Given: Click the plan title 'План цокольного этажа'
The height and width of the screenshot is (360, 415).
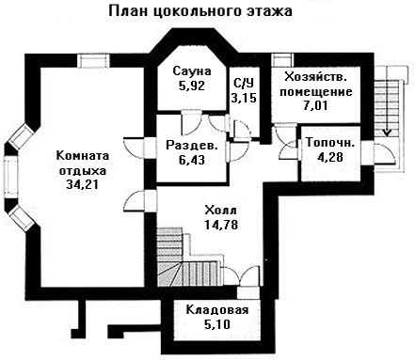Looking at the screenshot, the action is pos(200,11).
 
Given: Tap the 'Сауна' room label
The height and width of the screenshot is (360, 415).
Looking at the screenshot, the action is pos(192,71).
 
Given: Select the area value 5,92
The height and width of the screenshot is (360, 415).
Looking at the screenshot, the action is pos(192,86).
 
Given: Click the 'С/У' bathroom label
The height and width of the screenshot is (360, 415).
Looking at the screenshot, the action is pos(244,84).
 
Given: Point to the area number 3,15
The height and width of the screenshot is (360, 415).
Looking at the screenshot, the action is pos(244,98).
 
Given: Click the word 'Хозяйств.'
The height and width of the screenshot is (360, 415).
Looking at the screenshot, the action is pos(315,77).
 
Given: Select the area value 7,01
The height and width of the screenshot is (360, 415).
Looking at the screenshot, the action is pos(315,105).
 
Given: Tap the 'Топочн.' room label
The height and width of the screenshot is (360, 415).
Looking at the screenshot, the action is pos(330,143).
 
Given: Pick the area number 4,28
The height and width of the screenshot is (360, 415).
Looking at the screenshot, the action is pos(330,157).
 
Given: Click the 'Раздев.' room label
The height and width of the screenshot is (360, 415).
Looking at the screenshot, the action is pos(192,146).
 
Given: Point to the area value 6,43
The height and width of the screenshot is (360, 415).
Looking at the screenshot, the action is pos(192,160).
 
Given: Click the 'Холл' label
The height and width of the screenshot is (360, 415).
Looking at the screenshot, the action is pos(220,211).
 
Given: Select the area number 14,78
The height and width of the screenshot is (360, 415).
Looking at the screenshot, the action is pos(221,225).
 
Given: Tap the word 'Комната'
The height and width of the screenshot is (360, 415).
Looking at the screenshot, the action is pos(83,156).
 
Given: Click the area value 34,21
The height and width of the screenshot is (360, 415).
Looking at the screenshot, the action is pos(82,184).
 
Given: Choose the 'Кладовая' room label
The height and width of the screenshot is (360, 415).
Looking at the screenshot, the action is pos(217,310).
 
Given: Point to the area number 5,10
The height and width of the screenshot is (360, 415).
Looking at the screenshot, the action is pos(217,324).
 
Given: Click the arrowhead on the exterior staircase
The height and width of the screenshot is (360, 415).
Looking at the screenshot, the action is pos(388,133).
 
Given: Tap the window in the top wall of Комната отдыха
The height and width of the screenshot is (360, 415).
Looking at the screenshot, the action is pos(94,61).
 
